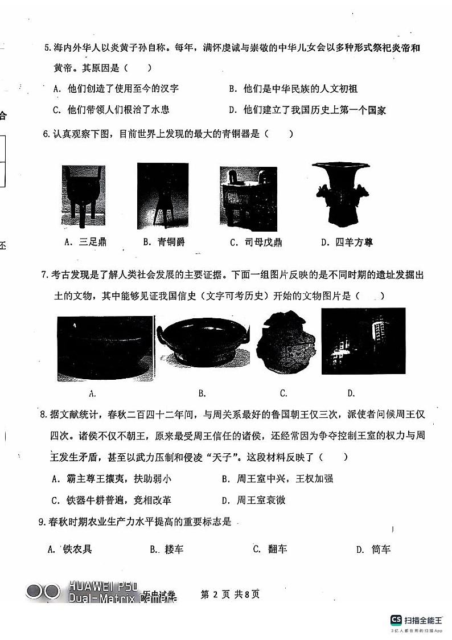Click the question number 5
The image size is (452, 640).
pos(47,48)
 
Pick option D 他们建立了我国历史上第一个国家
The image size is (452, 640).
pos(307,110)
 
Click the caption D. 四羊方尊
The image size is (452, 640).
pos(347,243)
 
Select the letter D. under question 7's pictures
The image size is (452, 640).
pos(351,393)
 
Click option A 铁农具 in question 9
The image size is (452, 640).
pos(71,549)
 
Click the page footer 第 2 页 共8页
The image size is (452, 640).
pos(230,594)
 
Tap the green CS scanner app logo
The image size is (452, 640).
pos(396,620)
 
